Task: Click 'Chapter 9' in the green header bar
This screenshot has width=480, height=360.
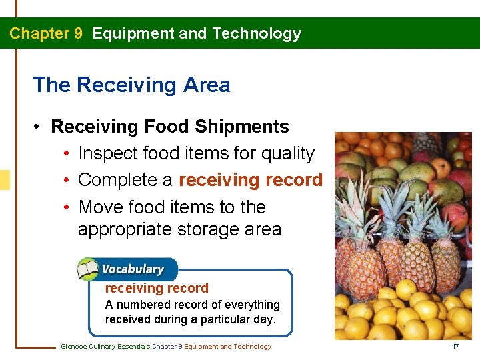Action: (x=46, y=33)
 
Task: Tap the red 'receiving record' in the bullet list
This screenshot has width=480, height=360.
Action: (x=251, y=181)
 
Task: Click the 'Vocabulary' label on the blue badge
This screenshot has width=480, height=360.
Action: (x=133, y=269)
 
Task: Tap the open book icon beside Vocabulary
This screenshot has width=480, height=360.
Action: (x=88, y=270)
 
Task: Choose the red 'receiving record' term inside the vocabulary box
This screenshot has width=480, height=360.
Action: (x=157, y=289)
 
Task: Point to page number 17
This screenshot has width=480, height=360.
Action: (x=455, y=347)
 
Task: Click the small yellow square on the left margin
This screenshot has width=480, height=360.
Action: (x=5, y=180)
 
